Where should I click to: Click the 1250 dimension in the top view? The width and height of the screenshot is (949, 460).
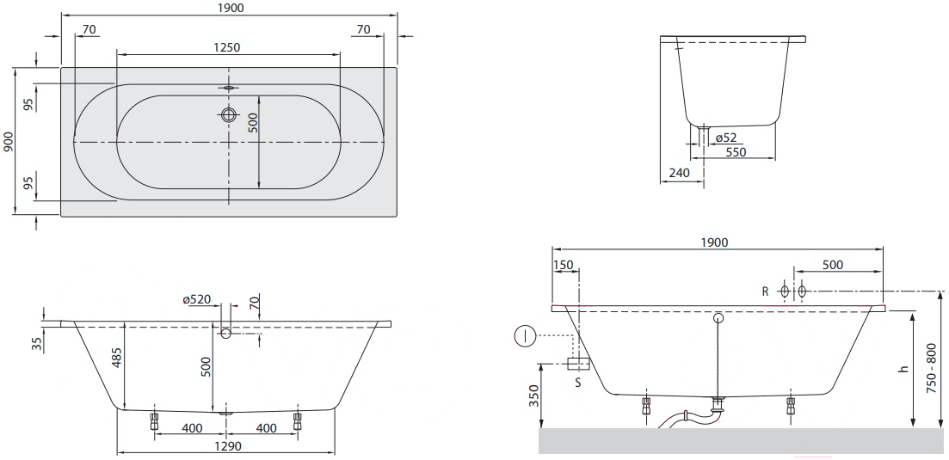(x=227, y=48)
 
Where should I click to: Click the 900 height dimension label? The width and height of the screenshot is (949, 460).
(x=7, y=142)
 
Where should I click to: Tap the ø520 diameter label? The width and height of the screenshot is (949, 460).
(x=197, y=299)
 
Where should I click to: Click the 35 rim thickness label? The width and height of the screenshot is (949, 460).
(x=38, y=344)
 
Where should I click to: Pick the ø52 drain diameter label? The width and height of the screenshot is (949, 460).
(x=726, y=138)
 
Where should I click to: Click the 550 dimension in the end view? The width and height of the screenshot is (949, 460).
(x=736, y=152)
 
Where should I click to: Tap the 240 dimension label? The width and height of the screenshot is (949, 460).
(x=680, y=173)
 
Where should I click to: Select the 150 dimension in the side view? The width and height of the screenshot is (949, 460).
(x=563, y=264)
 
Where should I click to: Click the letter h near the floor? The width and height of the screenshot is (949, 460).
(x=904, y=369)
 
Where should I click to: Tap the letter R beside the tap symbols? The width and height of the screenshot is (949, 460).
(x=765, y=292)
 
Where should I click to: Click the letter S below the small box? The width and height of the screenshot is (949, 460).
(x=578, y=382)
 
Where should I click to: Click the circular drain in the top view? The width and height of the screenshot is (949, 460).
(x=228, y=114)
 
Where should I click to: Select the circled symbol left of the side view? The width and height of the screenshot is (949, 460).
(x=526, y=335)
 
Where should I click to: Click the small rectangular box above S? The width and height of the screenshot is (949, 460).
(x=578, y=364)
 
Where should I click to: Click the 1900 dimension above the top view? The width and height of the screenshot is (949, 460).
(x=229, y=8)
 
